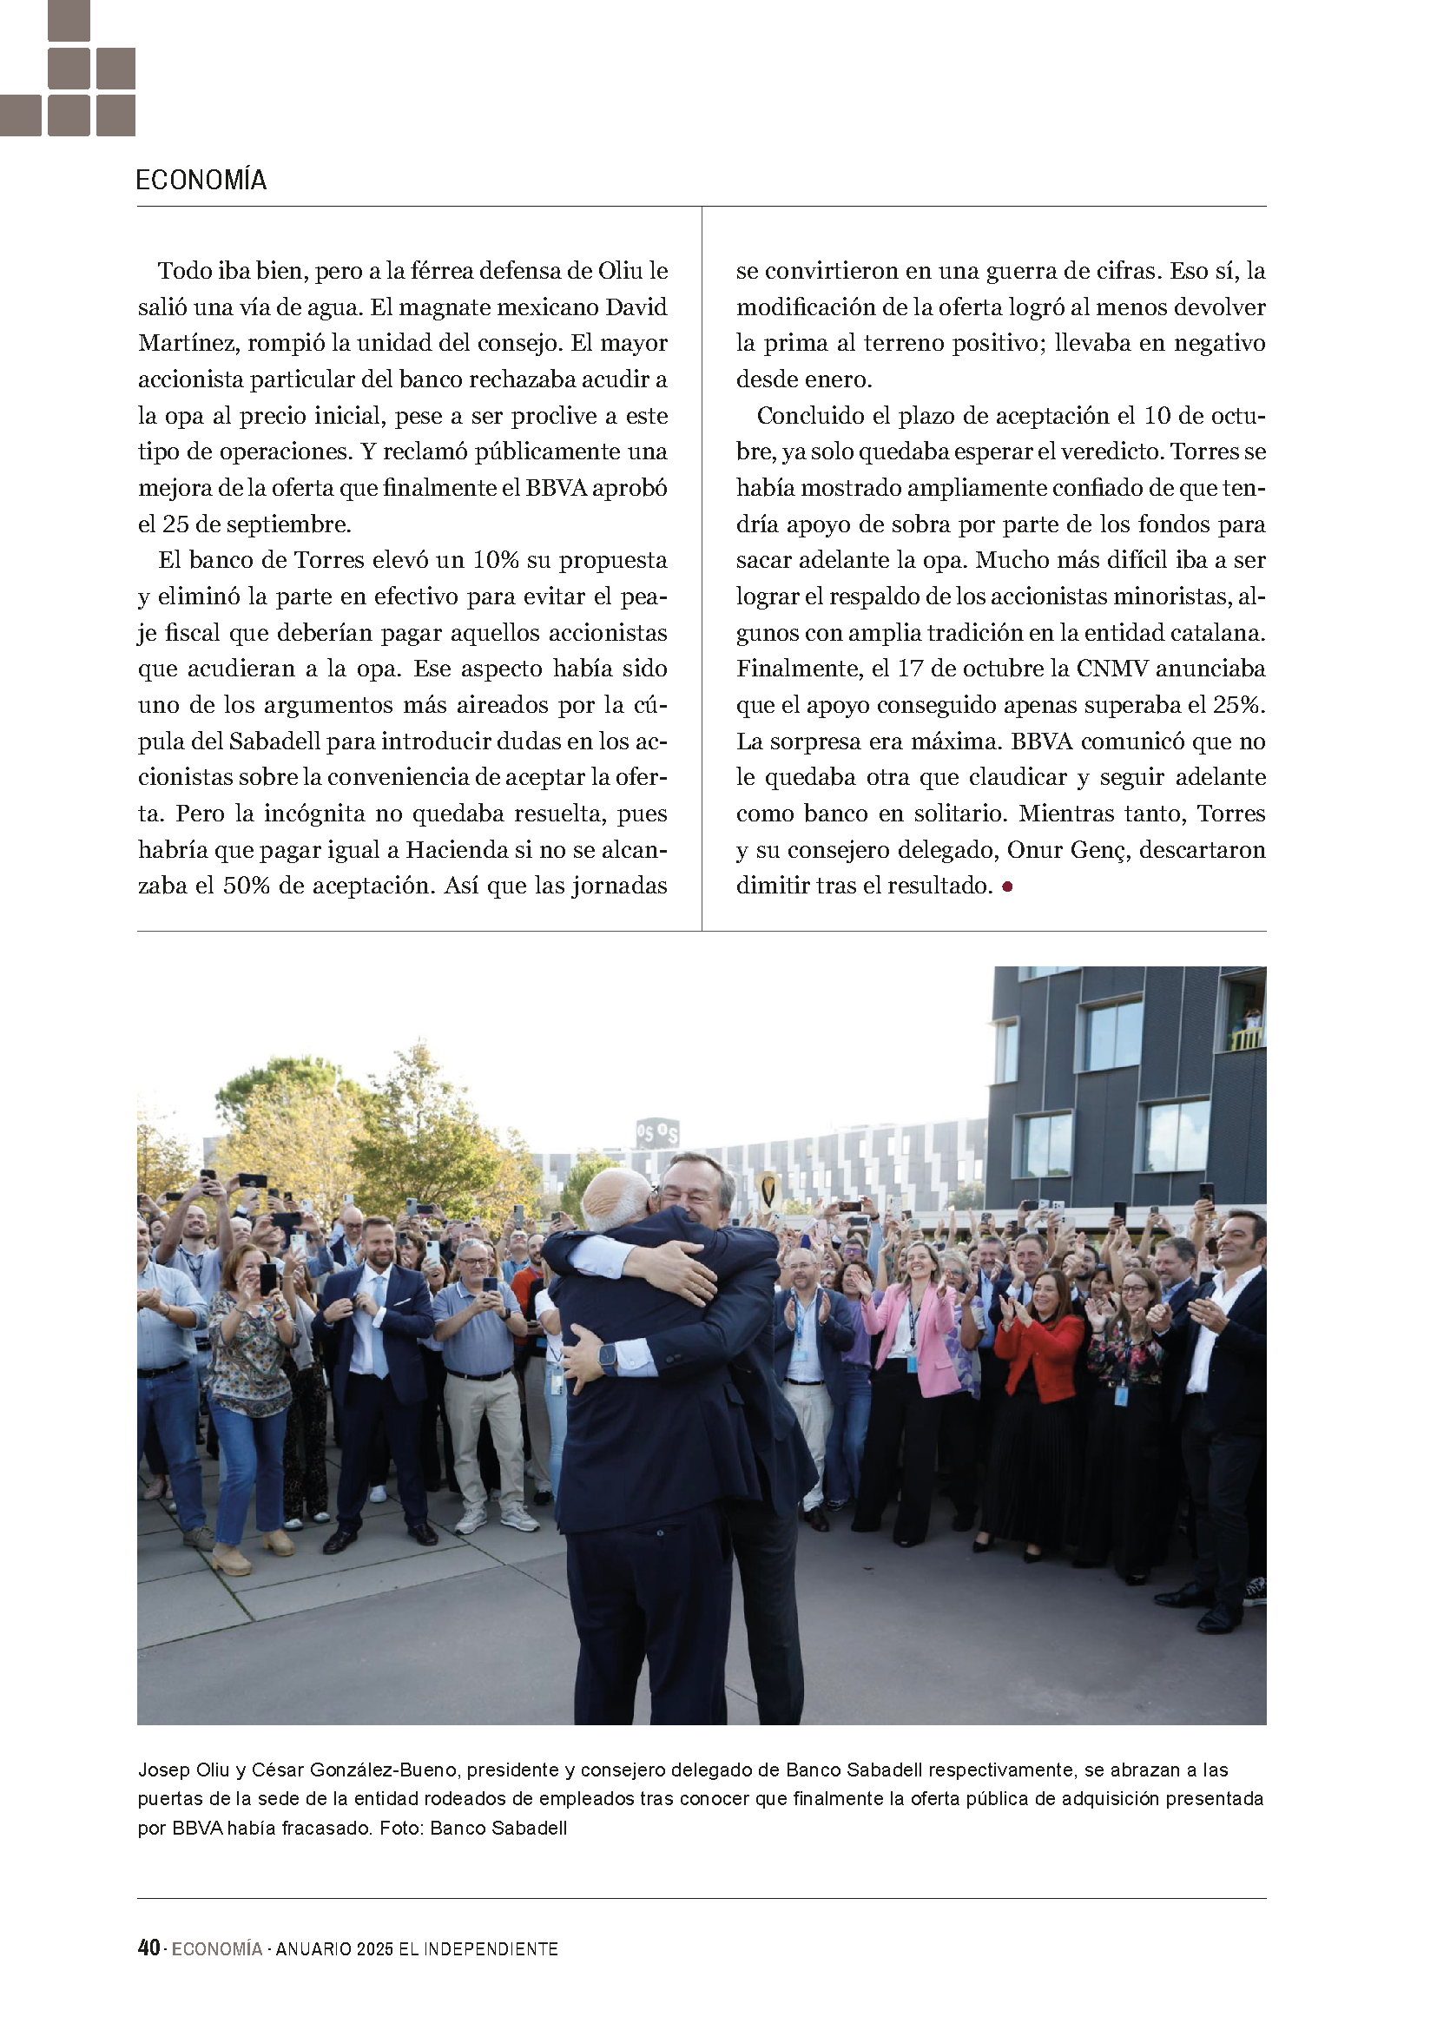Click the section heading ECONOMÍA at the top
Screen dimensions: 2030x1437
(x=201, y=181)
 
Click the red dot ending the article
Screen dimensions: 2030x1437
(x=1007, y=886)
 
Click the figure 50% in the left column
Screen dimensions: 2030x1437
(x=246, y=886)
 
